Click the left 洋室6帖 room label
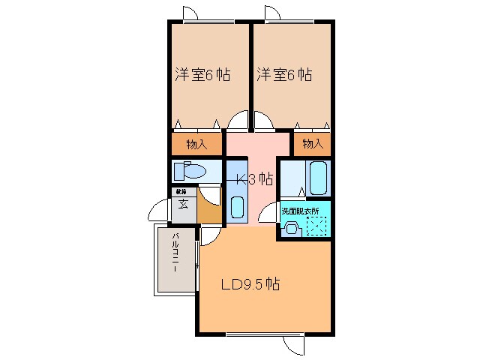[x=202, y=75]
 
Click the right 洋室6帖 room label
[x=284, y=75]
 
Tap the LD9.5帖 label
[x=250, y=285]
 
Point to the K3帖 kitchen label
[x=255, y=180]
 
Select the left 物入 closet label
[x=196, y=143]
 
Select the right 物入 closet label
[x=313, y=143]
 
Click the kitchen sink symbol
[x=238, y=206]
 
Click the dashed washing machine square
[x=318, y=224]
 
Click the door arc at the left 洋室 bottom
[x=238, y=120]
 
